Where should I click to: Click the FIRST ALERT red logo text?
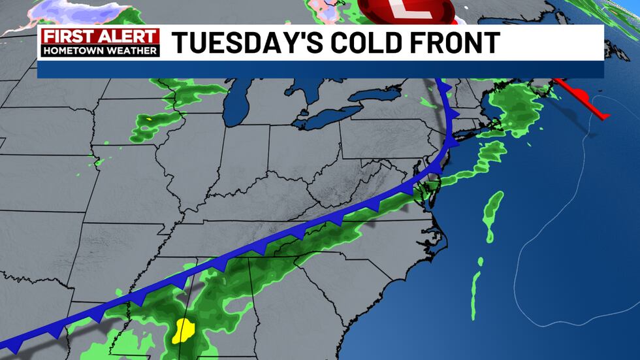[100, 36]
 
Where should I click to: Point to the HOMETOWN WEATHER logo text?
[100, 50]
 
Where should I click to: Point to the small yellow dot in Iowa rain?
[150, 120]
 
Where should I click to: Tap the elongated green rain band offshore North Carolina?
[493, 212]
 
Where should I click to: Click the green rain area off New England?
[516, 108]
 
